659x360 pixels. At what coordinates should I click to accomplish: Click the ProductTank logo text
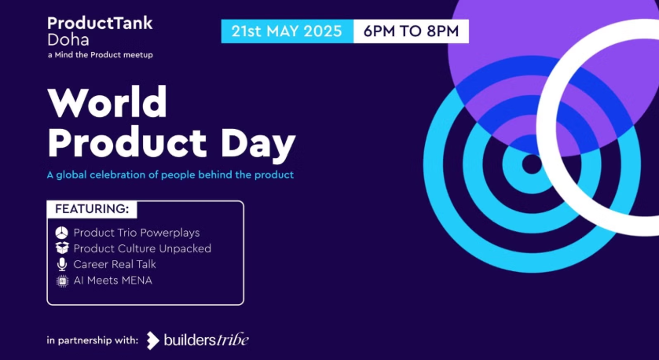coord(100,23)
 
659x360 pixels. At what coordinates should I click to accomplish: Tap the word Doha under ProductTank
coord(68,39)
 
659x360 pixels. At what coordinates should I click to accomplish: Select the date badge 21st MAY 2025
coord(286,31)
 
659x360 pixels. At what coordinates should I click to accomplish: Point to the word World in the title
coord(108,102)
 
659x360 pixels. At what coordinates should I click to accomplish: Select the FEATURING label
coord(91,209)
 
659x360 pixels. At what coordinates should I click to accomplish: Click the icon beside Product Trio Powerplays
coord(62,233)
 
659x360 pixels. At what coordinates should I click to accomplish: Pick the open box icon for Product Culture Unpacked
coord(62,248)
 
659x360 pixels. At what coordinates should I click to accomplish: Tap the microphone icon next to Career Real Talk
coord(62,265)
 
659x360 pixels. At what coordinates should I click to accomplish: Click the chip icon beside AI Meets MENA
coord(62,281)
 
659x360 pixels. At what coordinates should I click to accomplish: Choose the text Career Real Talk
coord(115,265)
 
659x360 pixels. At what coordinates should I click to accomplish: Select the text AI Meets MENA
coord(112,281)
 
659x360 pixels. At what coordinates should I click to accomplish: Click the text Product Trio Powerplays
coord(137,233)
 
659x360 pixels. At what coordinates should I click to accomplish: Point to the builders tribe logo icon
coord(152,340)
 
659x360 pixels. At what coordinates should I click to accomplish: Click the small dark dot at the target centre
coord(532,164)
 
